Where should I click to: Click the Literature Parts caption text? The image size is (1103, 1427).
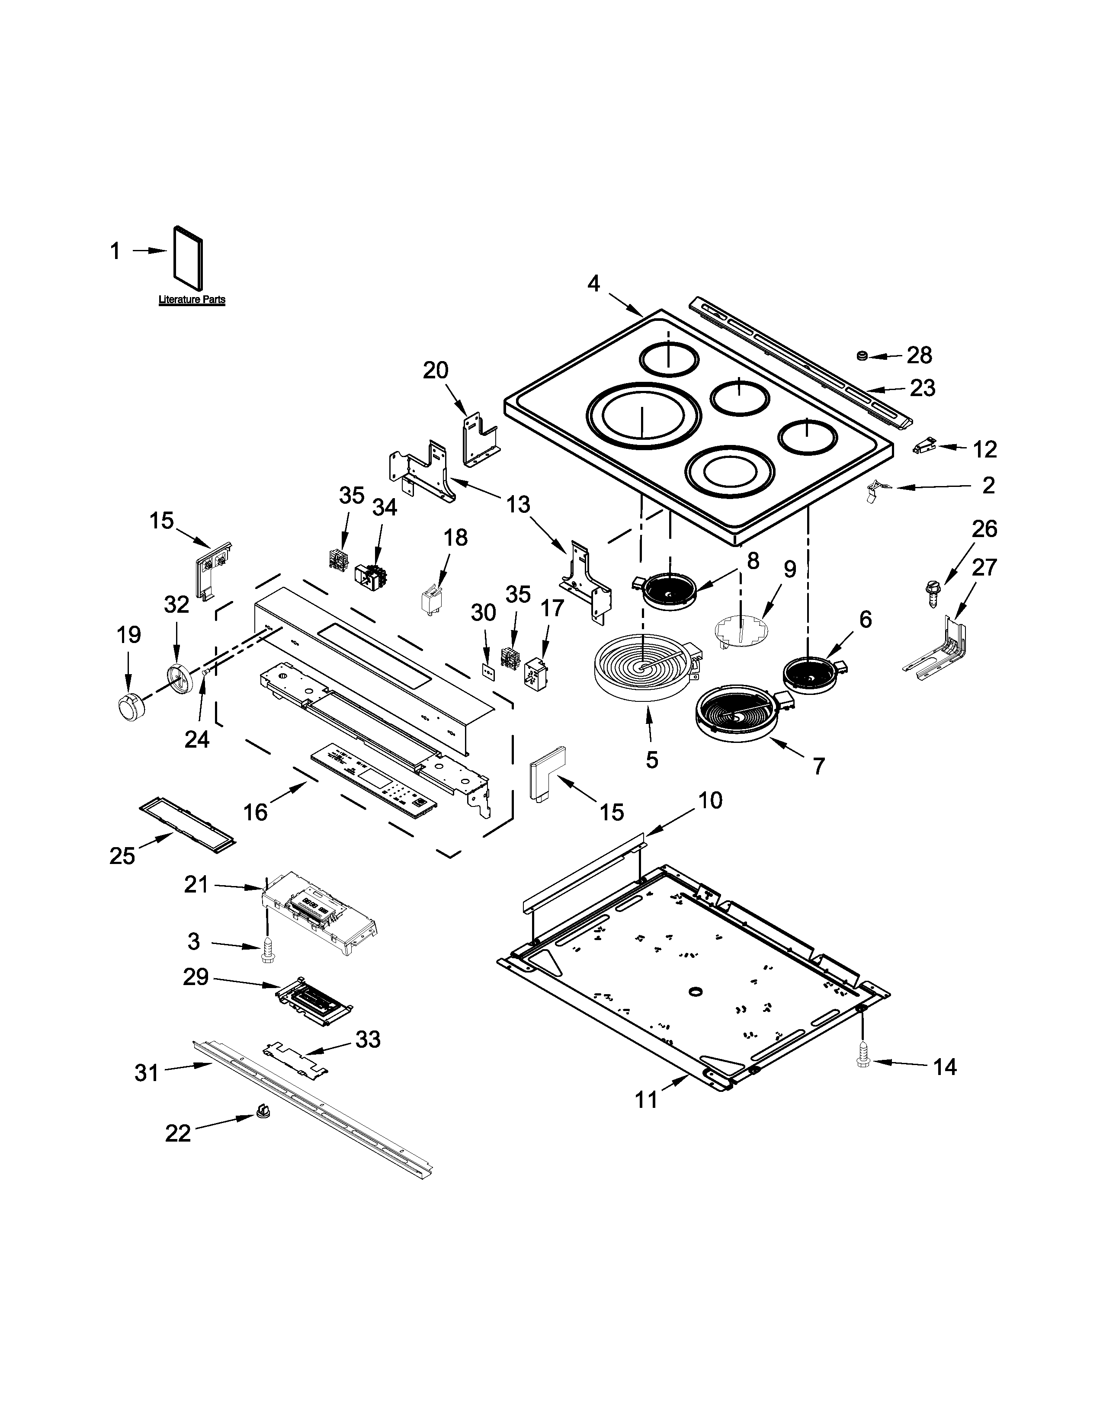click(x=192, y=300)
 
